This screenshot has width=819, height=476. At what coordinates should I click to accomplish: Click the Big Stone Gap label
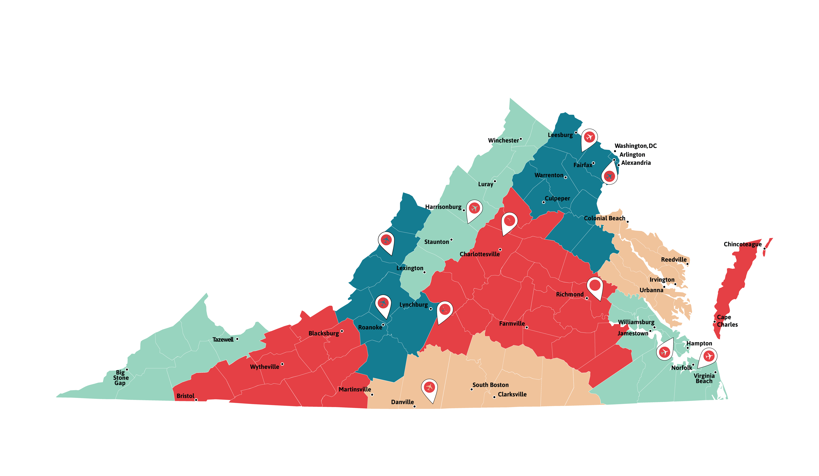(x=121, y=378)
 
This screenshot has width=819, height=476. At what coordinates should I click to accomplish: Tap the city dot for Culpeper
(x=543, y=202)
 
